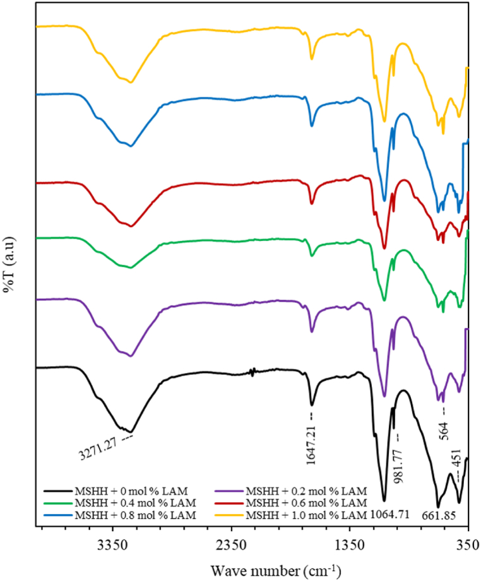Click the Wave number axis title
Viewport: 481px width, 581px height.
click(x=276, y=571)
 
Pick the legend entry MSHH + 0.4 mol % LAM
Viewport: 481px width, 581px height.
click(x=126, y=502)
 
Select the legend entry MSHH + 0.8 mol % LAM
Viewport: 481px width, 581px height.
click(x=126, y=514)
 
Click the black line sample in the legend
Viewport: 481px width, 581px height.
click(x=56, y=491)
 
